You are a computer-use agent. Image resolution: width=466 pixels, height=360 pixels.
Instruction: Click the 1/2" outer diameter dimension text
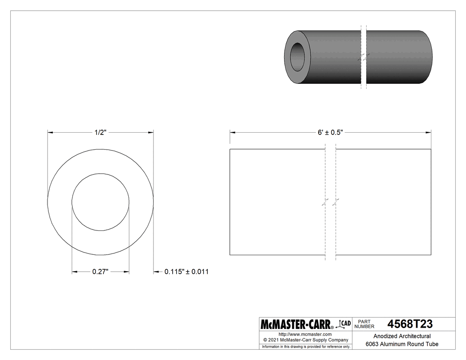tap(100, 132)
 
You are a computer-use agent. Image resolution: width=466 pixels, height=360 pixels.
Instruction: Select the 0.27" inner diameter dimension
tap(101, 272)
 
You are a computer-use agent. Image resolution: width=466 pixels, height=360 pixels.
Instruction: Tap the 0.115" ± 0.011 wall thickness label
tap(186, 272)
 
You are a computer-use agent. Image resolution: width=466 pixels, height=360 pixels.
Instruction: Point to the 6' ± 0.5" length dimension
tap(330, 132)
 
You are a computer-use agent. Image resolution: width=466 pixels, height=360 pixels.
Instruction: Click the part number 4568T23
tap(410, 324)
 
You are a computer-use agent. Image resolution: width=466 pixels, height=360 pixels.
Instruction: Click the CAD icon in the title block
tap(343, 324)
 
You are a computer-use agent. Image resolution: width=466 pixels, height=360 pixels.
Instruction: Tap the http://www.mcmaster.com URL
tap(305, 334)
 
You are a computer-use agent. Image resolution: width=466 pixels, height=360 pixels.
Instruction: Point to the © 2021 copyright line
tap(306, 340)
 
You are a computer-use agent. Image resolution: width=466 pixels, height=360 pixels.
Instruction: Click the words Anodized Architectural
tap(402, 336)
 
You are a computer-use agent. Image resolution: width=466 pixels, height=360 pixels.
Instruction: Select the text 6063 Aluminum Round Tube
tap(402, 344)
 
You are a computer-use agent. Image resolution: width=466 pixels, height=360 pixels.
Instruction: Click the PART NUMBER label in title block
tap(366, 324)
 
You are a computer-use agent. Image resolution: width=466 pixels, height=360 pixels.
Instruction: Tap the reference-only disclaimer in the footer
tap(306, 346)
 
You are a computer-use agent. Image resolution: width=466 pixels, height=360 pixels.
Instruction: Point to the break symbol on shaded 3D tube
tap(364, 57)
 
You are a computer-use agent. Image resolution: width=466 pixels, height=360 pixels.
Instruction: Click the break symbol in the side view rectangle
tap(331, 202)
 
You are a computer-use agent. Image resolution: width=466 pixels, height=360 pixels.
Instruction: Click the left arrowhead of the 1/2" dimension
tap(50, 132)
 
